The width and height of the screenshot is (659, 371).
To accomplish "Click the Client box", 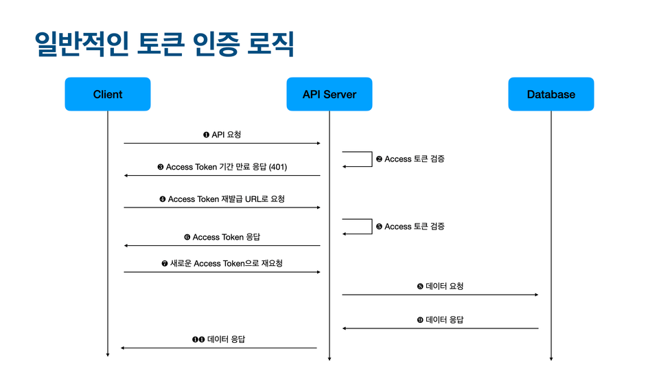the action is tap(108, 94).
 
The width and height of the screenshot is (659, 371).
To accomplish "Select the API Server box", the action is tap(329, 94).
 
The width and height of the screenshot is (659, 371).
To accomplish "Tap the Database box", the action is tap(551, 94).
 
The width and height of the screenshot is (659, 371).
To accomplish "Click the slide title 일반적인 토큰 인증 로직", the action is tap(164, 44).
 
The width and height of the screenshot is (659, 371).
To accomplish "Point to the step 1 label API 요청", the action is tap(222, 135).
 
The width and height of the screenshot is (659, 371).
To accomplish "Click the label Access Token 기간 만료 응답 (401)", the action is tap(222, 167).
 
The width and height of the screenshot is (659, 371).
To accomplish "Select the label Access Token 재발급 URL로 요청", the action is tap(222, 199).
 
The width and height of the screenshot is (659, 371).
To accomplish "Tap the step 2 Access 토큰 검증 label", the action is tap(411, 159).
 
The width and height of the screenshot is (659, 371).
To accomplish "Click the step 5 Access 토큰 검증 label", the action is tap(411, 226).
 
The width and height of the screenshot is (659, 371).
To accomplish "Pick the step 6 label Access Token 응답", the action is tap(222, 237).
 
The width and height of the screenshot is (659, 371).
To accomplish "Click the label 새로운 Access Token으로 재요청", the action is tap(222, 264).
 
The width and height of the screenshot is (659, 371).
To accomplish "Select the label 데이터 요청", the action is tap(440, 286).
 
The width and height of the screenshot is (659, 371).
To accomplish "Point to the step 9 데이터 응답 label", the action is tap(440, 320).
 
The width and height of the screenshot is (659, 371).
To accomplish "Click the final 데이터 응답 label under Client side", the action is tap(218, 339).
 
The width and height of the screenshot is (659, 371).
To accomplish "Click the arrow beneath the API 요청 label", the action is tap(222, 144).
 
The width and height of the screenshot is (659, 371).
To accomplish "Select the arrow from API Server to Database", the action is tap(440, 295).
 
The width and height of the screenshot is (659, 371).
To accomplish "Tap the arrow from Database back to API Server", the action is tap(440, 328).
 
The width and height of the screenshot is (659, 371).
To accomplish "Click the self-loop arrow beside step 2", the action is tap(372, 159).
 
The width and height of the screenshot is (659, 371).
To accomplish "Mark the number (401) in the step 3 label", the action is tap(278, 167).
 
